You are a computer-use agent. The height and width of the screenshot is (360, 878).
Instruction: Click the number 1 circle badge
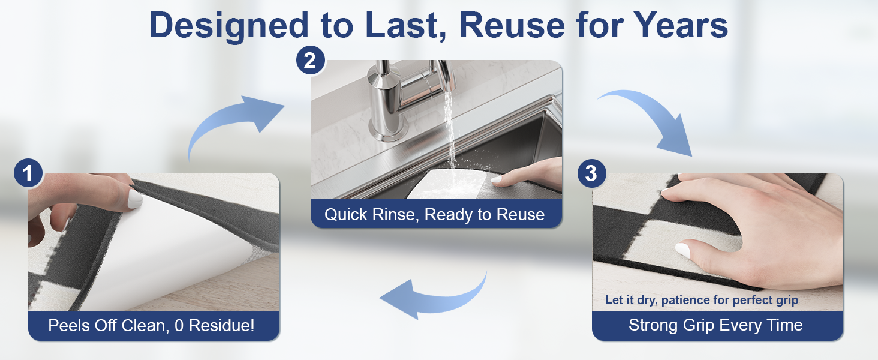(28, 173)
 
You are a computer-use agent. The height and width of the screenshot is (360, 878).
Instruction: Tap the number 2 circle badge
(311, 60)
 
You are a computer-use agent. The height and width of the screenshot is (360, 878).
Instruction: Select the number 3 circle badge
(591, 173)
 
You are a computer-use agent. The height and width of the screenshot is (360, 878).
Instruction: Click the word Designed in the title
(229, 26)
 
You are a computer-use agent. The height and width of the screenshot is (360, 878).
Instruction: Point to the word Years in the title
(681, 25)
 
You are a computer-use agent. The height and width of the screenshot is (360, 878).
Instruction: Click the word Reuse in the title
(512, 25)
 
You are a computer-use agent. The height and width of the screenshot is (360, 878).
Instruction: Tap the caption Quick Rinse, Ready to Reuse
(434, 215)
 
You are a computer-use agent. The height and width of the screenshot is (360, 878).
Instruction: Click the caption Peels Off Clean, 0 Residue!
(151, 325)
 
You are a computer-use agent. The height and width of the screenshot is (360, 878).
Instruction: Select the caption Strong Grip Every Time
(715, 325)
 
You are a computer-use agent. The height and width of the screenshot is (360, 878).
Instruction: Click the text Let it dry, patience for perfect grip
(702, 300)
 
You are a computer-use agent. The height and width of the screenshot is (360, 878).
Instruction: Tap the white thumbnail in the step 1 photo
(135, 199)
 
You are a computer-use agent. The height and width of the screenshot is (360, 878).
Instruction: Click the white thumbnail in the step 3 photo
(682, 250)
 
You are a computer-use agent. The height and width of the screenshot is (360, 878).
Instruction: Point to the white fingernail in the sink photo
(496, 179)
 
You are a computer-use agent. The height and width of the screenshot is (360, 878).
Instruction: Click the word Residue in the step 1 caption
(221, 325)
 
